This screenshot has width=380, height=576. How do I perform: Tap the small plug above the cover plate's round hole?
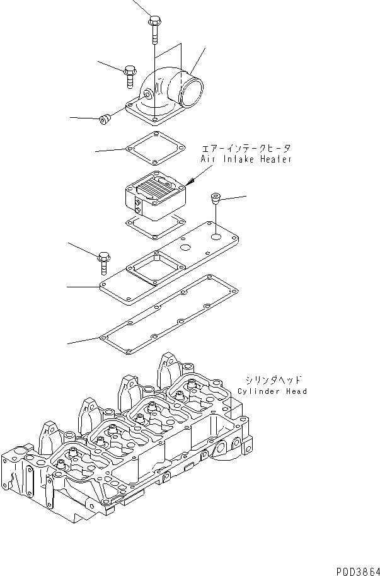tap(216, 199)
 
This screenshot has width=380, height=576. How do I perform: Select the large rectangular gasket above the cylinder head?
tap(170, 309)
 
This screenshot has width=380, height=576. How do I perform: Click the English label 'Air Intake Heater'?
tap(246, 160)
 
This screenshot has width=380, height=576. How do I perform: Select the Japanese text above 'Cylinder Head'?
tap(273, 380)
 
